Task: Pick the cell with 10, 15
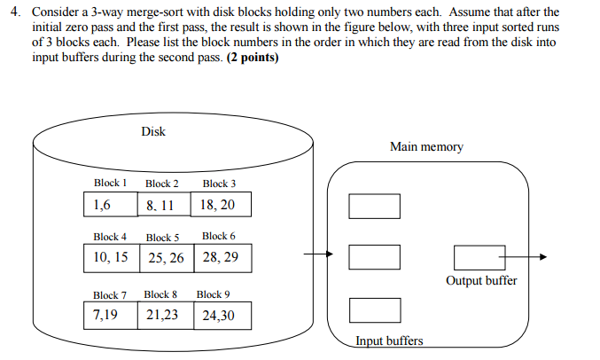(111, 258)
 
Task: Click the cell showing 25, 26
(166, 258)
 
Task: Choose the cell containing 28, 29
(221, 258)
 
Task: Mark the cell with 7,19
(111, 315)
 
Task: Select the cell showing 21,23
(164, 315)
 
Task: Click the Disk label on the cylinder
(153, 132)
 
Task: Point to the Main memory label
(426, 146)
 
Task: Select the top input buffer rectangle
(374, 207)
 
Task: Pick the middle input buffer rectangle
(374, 257)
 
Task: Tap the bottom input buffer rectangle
(374, 310)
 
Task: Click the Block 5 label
(163, 238)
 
